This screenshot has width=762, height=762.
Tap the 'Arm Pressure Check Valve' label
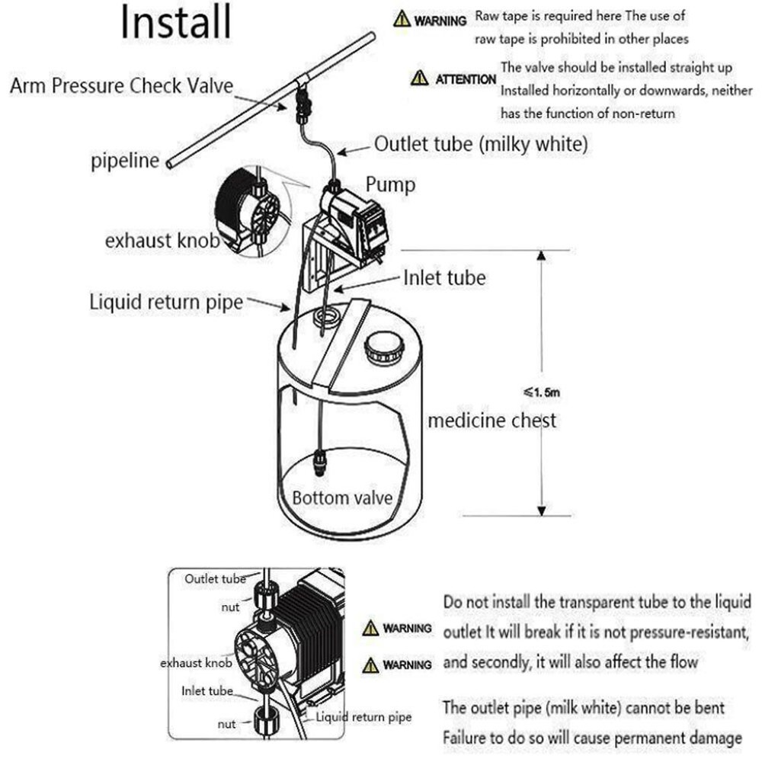(121, 85)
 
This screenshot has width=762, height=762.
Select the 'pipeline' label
(126, 161)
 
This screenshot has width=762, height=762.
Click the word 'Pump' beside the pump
(390, 184)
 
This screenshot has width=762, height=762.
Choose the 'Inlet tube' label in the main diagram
(444, 278)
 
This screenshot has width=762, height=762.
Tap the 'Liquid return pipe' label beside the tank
(166, 302)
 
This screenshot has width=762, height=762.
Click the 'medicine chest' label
(491, 420)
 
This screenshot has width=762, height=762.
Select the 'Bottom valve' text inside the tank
(342, 498)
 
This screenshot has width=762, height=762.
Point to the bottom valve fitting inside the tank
(321, 462)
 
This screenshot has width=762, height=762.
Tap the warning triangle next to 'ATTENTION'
(419, 78)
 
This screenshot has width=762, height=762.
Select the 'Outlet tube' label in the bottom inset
(215, 579)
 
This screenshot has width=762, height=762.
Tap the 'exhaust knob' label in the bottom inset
(196, 663)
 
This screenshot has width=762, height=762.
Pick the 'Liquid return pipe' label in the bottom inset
(363, 717)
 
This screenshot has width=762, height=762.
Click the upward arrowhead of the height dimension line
(540, 256)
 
